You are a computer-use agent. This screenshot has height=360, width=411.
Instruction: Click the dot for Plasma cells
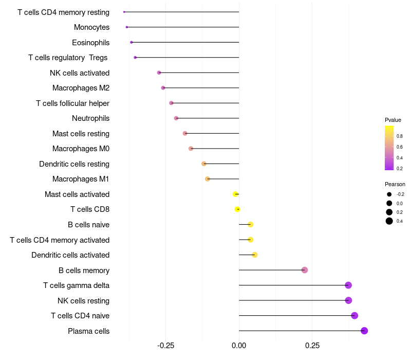click(x=364, y=331)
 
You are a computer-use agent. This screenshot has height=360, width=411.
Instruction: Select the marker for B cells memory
click(x=305, y=270)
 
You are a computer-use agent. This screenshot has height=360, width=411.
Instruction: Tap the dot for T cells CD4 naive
click(x=354, y=316)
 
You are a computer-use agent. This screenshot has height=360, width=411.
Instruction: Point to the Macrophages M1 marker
click(x=208, y=179)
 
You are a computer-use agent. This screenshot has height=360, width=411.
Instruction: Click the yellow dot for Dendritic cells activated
click(x=255, y=255)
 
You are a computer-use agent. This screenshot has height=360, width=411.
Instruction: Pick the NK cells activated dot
click(x=159, y=73)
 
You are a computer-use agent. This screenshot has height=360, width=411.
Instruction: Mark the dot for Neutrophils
click(x=176, y=118)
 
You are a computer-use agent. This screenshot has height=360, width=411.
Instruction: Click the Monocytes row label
click(x=91, y=27)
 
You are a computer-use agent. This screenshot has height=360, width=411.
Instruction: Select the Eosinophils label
click(x=90, y=42)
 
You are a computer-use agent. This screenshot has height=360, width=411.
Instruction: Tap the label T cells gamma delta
click(x=76, y=285)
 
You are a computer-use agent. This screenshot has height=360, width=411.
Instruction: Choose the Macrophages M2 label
click(x=81, y=88)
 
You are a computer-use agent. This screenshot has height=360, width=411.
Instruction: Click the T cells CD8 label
click(x=89, y=209)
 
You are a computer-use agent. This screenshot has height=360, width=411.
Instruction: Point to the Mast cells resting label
click(x=81, y=134)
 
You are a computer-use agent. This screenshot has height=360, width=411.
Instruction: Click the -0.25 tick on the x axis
click(x=165, y=346)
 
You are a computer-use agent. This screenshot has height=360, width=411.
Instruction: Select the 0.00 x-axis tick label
click(x=239, y=346)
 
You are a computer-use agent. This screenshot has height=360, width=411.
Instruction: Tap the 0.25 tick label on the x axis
click(x=312, y=346)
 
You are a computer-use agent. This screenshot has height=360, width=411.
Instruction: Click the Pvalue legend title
click(x=393, y=120)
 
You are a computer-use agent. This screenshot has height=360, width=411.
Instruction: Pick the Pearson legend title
click(x=395, y=184)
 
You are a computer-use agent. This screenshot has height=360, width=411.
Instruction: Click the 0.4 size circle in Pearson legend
click(x=389, y=221)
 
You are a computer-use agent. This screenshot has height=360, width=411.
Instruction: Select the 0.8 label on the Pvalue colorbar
click(x=400, y=136)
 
